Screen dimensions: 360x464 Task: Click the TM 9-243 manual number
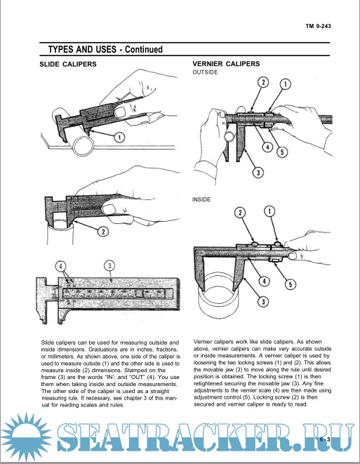319,26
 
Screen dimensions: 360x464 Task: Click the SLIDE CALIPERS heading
68,64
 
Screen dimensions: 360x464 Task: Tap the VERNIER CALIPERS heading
226,64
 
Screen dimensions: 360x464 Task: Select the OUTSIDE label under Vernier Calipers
205,72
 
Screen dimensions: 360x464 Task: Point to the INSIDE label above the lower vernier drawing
201,199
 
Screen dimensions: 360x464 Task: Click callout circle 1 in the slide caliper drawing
119,137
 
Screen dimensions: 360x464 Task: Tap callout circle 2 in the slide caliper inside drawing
103,232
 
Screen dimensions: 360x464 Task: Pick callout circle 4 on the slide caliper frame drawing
60,266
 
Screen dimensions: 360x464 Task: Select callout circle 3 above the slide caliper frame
109,265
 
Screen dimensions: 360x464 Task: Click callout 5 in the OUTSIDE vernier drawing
282,152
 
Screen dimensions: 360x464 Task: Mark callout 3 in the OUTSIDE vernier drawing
258,172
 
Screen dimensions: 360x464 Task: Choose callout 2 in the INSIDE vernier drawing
240,213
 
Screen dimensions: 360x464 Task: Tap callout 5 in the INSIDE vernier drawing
291,284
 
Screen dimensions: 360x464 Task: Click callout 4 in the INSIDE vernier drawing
264,281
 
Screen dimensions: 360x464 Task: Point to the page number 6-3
325,439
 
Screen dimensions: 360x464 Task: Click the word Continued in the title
144,49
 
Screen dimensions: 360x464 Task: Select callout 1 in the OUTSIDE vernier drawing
286,84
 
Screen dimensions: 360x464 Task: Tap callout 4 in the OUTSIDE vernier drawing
267,147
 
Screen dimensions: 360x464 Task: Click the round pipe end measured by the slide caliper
83,146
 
